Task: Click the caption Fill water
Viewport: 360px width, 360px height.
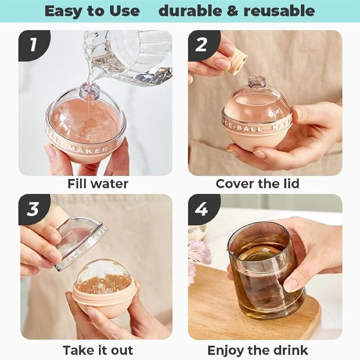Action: (98, 184)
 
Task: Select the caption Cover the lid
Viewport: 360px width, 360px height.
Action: (257, 184)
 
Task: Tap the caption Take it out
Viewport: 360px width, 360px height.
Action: (98, 350)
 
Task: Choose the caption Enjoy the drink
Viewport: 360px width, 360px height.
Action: (257, 350)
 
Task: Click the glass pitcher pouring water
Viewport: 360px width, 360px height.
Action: (135, 54)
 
